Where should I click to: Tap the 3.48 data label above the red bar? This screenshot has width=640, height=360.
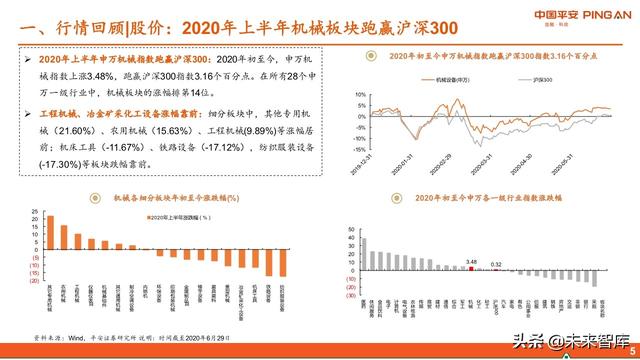click(x=471, y=260)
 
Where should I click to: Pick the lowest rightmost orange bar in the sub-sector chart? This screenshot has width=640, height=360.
click(x=283, y=261)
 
